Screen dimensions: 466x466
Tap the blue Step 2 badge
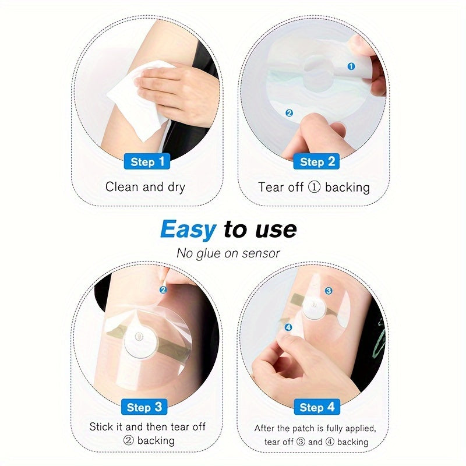pos(317,161)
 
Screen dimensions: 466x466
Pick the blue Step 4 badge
pos(317,407)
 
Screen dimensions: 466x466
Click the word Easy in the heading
pos(188,230)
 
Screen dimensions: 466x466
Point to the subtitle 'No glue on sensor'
pos(228,253)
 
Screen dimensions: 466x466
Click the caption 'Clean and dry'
pos(145,187)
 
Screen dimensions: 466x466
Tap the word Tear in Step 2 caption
pos(272,187)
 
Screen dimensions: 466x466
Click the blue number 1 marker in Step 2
pos(351,66)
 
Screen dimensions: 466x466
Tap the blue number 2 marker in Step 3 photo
pos(164,289)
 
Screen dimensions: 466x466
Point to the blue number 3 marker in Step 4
pos(329,290)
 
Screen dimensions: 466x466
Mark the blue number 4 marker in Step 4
pos(288,328)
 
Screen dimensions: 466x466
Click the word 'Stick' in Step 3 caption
pos(102,427)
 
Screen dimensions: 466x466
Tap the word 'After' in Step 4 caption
pos(267,428)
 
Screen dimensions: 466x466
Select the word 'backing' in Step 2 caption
pos(347,187)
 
